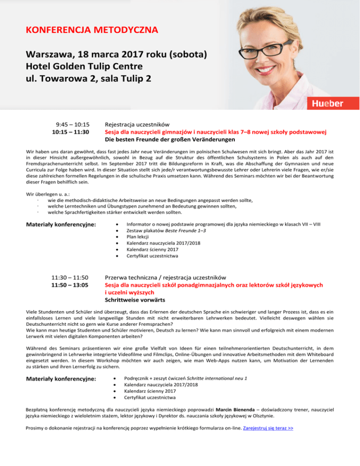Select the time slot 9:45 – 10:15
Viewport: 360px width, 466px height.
pyautogui.click(x=73, y=125)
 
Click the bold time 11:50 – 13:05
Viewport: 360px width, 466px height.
pyautogui.click(x=70, y=285)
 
